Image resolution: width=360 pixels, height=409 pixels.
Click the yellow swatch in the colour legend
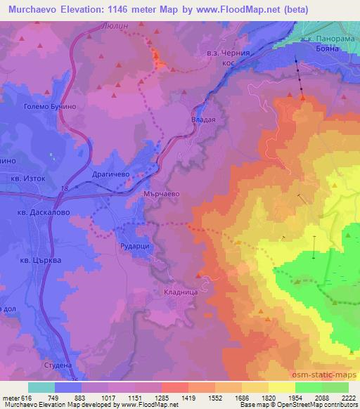coord(281,387)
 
